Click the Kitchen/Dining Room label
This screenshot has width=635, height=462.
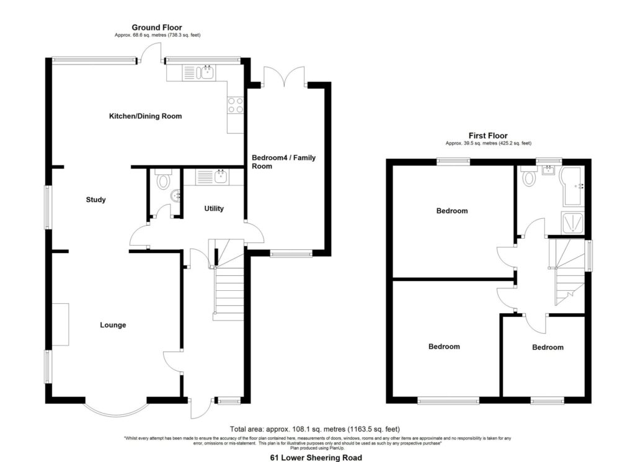tap(145, 116)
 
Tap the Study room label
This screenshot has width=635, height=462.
tap(95, 200)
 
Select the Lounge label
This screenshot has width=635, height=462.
tap(113, 325)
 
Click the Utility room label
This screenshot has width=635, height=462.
tap(213, 209)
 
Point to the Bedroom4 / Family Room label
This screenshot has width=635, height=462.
tap(283, 162)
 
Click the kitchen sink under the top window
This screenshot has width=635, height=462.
tap(206, 73)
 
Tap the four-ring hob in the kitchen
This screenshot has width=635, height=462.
tap(235, 105)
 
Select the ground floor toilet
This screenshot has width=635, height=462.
tap(164, 180)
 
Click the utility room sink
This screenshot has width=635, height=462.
tap(220, 177)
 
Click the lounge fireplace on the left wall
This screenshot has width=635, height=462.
tap(61, 324)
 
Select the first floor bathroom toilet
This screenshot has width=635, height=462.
tap(528, 178)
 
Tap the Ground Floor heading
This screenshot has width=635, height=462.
tap(156, 27)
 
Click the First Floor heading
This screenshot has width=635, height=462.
tap(488, 135)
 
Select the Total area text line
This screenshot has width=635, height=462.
tap(314, 429)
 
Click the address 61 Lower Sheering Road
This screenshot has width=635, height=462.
tap(316, 457)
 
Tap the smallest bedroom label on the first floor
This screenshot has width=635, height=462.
tap(548, 347)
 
